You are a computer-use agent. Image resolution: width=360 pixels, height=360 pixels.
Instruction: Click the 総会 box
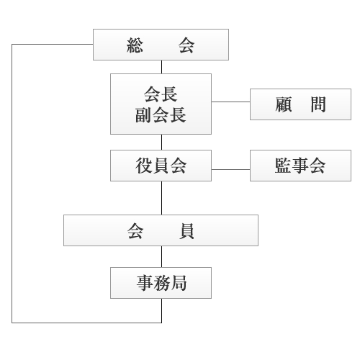pos(161,45)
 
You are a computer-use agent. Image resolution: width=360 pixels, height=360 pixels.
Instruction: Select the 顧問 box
pos(300,104)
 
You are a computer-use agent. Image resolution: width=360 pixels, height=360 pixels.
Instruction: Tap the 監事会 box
pos(300,166)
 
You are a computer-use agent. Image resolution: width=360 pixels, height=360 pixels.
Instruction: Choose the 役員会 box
pos(161,166)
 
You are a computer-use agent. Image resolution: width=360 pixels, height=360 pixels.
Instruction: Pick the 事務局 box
pos(161,283)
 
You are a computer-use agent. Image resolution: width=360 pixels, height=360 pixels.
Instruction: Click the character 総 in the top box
pos(135,45)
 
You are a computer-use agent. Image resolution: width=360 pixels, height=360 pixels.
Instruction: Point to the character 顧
pos(284,104)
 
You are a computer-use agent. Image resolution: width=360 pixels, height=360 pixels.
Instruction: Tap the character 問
pos(318,104)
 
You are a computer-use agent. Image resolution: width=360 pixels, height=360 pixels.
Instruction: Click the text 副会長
pos(161,115)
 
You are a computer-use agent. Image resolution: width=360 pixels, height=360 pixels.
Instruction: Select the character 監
pos(284,166)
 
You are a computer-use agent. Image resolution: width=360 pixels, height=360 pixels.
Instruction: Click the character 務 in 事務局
pos(161,283)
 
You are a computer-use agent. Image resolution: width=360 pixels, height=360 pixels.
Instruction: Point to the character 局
pos(179,283)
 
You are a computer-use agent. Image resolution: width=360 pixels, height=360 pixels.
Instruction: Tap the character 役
pos(144,166)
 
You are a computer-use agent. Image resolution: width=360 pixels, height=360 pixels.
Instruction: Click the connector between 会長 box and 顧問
pos(230,102)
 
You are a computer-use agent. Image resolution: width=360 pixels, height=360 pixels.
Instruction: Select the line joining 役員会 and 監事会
pos(230,169)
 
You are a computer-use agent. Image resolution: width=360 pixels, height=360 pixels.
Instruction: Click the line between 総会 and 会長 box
pos(161,67)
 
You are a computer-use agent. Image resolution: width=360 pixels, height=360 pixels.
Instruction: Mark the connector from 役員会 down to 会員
pos(161,198)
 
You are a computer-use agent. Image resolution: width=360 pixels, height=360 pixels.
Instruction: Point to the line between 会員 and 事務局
pos(161,256)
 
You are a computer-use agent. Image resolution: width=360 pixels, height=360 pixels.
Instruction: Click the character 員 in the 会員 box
pos(186,231)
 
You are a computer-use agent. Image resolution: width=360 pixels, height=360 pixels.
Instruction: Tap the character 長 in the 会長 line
pos(169,94)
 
